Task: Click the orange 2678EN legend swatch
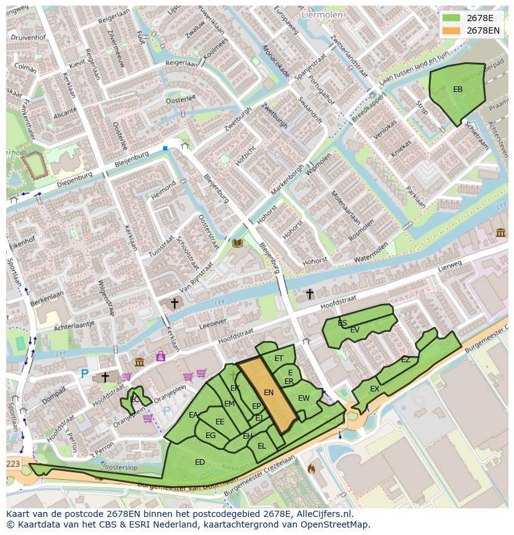pos(451,30)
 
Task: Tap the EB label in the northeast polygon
pos(458,89)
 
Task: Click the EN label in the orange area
pos(269,392)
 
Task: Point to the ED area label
pos(199,462)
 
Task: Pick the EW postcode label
pos(304,398)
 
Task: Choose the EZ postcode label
pos(405,360)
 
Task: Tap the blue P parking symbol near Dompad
pos(84,373)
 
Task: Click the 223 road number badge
pos(14,464)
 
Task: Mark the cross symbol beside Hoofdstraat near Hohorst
pos(309,293)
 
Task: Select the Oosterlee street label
pos(181,99)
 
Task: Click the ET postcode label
pos(279,359)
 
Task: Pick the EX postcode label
pos(374,389)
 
